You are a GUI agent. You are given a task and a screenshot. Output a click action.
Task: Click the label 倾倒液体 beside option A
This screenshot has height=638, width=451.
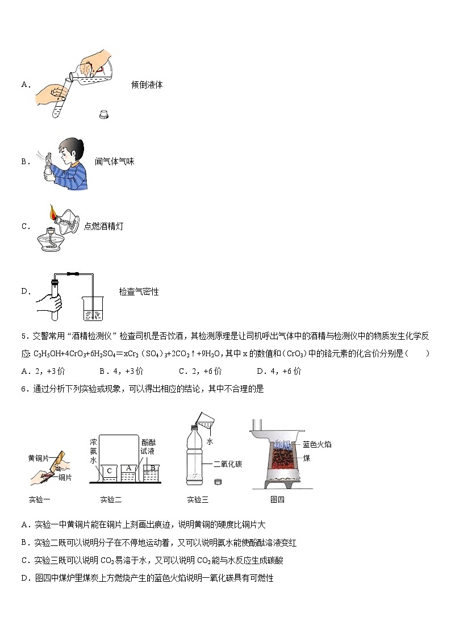147,85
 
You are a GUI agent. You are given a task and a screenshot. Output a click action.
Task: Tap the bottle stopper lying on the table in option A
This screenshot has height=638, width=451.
104,114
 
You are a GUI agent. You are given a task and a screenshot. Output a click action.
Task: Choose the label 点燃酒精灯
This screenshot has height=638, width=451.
103,227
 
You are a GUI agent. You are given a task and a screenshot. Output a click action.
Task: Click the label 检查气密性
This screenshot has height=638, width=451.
139,292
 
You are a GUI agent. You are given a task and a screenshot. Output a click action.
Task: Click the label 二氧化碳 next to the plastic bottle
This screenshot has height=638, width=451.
228,464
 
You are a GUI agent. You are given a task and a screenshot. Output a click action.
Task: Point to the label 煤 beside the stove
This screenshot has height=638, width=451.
307,457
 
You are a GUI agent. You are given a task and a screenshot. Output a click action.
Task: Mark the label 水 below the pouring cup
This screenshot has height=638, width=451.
210,441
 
